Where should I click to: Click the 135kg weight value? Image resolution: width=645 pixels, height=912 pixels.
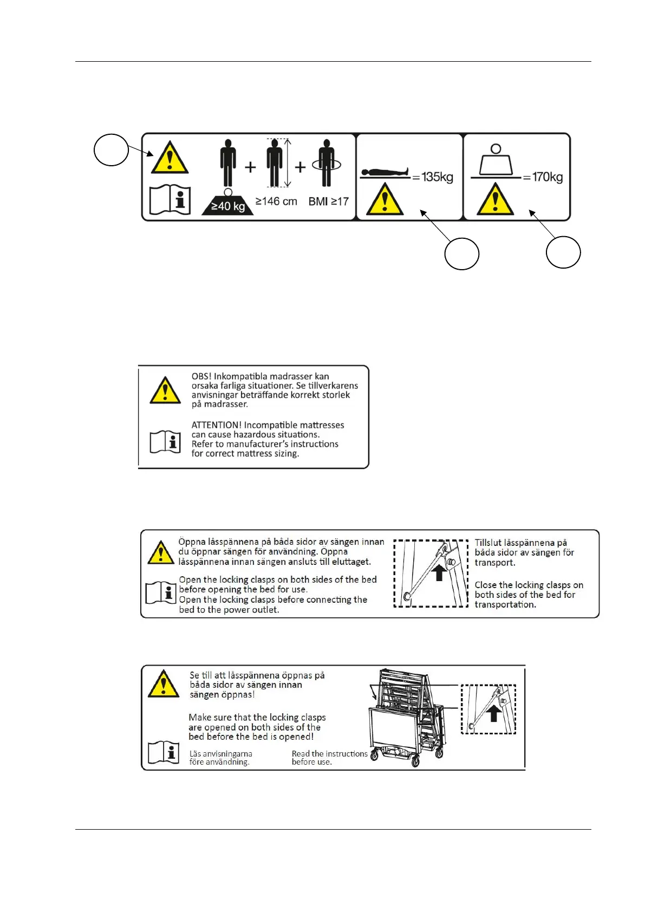(437, 177)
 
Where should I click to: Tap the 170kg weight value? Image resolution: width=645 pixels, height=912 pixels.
(547, 177)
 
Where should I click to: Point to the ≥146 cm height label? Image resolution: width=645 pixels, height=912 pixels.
(276, 201)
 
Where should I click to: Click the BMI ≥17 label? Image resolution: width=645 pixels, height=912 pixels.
(328, 201)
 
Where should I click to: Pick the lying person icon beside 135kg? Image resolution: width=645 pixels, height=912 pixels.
(385, 173)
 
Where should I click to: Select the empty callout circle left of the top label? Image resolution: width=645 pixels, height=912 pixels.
(111, 149)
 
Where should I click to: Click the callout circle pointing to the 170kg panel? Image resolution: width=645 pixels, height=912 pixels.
(563, 252)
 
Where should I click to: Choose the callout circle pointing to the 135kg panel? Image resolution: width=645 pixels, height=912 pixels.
(461, 253)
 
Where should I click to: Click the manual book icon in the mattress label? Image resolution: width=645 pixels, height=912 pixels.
(165, 442)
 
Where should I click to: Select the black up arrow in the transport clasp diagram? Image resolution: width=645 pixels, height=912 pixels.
(439, 572)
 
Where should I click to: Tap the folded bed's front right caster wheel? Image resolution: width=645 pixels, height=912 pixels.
(415, 761)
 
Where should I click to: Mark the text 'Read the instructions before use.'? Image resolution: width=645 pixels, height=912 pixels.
(329, 758)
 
